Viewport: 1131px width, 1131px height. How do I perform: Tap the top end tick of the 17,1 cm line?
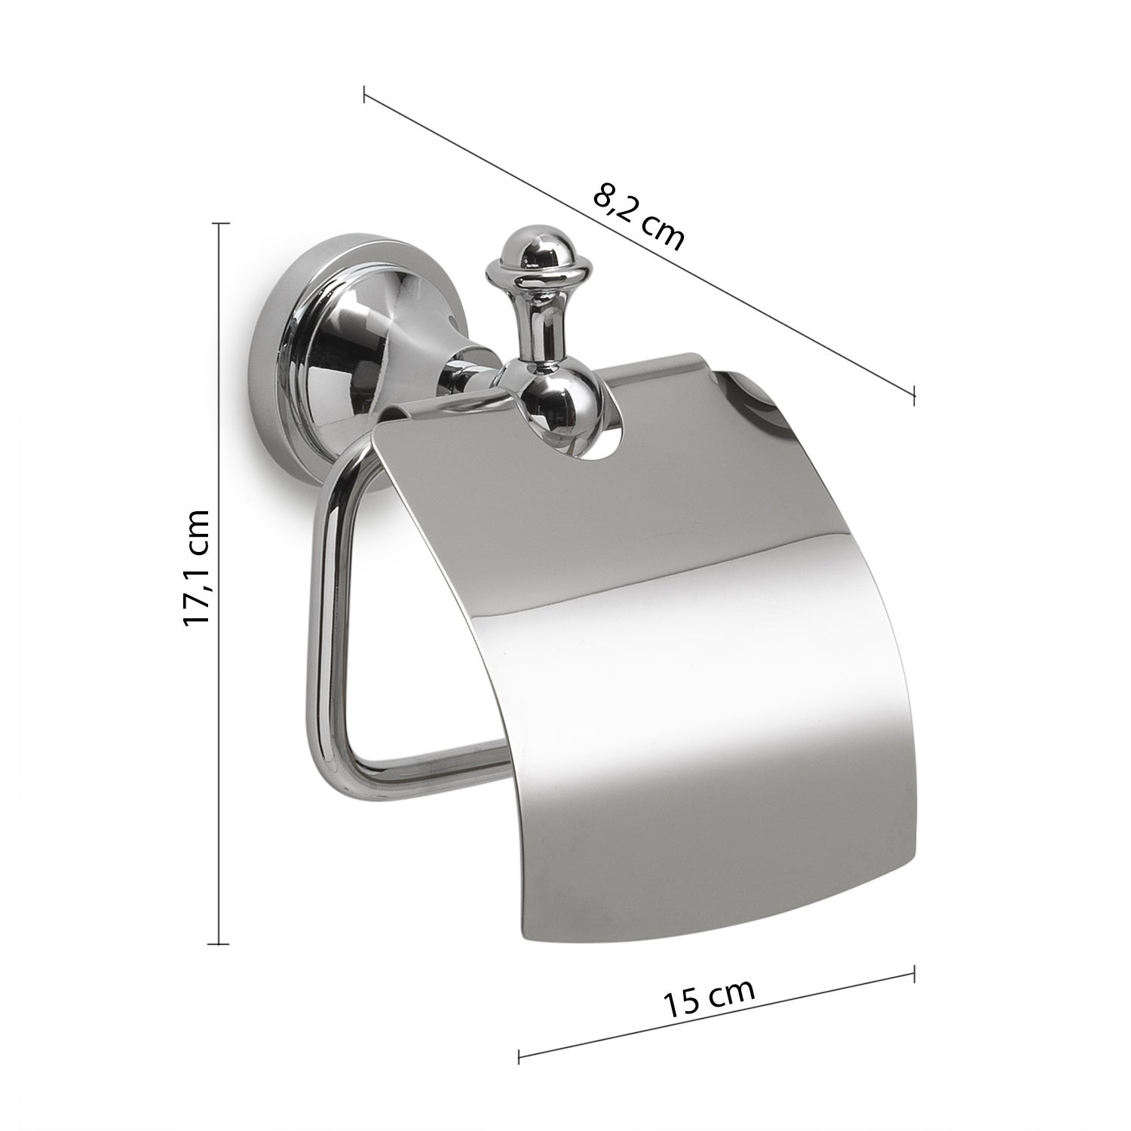[219, 224]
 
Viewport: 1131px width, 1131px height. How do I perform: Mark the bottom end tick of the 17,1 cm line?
[219, 943]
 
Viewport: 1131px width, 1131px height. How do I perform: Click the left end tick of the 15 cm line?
[520, 1056]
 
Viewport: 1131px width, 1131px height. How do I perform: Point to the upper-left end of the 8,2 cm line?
[364, 95]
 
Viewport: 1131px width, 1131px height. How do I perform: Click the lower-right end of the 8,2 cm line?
[915, 394]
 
